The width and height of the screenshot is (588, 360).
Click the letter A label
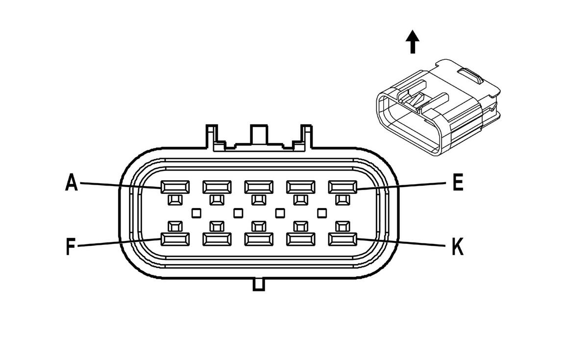click(72, 182)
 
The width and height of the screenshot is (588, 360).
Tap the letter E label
click(458, 182)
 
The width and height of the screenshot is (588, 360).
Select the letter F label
click(71, 246)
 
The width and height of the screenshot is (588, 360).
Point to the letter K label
click(458, 246)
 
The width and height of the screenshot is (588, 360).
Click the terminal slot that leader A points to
click(175, 187)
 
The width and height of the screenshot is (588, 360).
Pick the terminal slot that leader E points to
click(343, 187)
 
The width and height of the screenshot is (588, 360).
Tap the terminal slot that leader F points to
click(175, 240)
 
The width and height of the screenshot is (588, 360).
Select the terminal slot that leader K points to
click(343, 240)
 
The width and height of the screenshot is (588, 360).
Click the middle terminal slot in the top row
click(259, 187)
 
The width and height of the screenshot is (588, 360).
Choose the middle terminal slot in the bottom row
click(259, 240)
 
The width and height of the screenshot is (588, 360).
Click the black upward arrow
click(413, 42)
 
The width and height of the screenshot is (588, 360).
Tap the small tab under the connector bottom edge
click(259, 285)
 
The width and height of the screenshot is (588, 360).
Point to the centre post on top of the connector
click(259, 134)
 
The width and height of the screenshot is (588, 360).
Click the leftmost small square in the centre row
click(196, 213)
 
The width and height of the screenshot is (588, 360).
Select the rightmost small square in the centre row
click(322, 213)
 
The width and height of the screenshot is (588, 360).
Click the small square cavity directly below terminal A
click(175, 200)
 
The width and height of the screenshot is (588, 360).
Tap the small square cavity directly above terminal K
click(343, 226)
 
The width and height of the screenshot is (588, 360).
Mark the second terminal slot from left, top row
click(217, 187)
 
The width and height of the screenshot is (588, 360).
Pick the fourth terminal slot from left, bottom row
click(300, 240)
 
